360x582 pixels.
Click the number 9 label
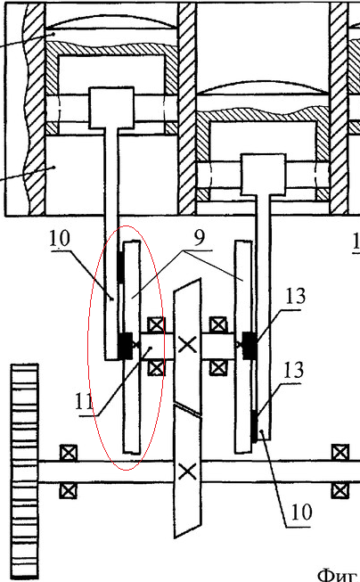[200, 238]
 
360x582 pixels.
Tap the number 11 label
[84, 402]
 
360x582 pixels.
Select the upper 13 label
[296, 296]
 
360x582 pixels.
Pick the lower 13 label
[293, 370]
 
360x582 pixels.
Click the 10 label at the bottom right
[302, 512]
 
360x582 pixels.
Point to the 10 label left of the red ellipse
[60, 238]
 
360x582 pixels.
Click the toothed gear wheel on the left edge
[24, 471]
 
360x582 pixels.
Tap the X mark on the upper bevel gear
[187, 345]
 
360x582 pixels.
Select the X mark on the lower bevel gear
[187, 471]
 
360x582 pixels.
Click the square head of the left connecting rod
[111, 108]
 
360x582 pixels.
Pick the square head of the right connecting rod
[264, 175]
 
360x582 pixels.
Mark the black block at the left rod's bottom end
[125, 346]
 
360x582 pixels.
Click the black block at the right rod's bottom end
[254, 426]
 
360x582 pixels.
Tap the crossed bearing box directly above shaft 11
[156, 325]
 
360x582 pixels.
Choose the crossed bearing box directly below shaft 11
[156, 368]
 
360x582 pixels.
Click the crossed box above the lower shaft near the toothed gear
[69, 453]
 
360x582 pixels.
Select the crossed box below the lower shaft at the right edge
[340, 491]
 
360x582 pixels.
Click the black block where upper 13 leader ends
[249, 346]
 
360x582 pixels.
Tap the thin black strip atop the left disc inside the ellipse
[120, 267]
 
